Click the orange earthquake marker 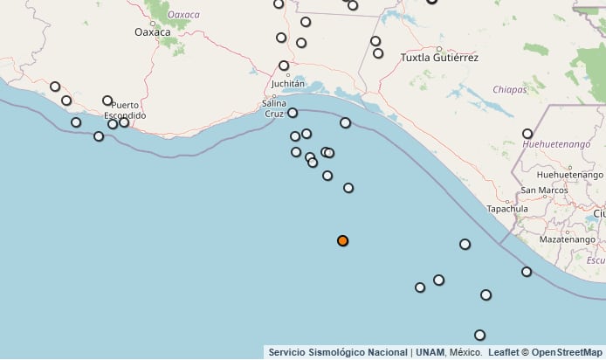click(x=342, y=240)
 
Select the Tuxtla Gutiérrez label click(x=439, y=58)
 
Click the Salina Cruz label click(x=273, y=108)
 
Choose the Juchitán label click(x=288, y=84)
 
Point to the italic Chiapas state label click(x=509, y=89)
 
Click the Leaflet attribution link click(x=504, y=352)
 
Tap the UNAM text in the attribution click(x=430, y=352)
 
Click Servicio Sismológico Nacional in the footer click(x=338, y=352)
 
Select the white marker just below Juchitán click(x=284, y=66)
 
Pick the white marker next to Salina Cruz click(x=293, y=113)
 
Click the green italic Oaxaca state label click(x=183, y=15)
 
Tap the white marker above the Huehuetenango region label click(x=527, y=134)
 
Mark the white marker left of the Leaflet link click(x=479, y=335)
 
